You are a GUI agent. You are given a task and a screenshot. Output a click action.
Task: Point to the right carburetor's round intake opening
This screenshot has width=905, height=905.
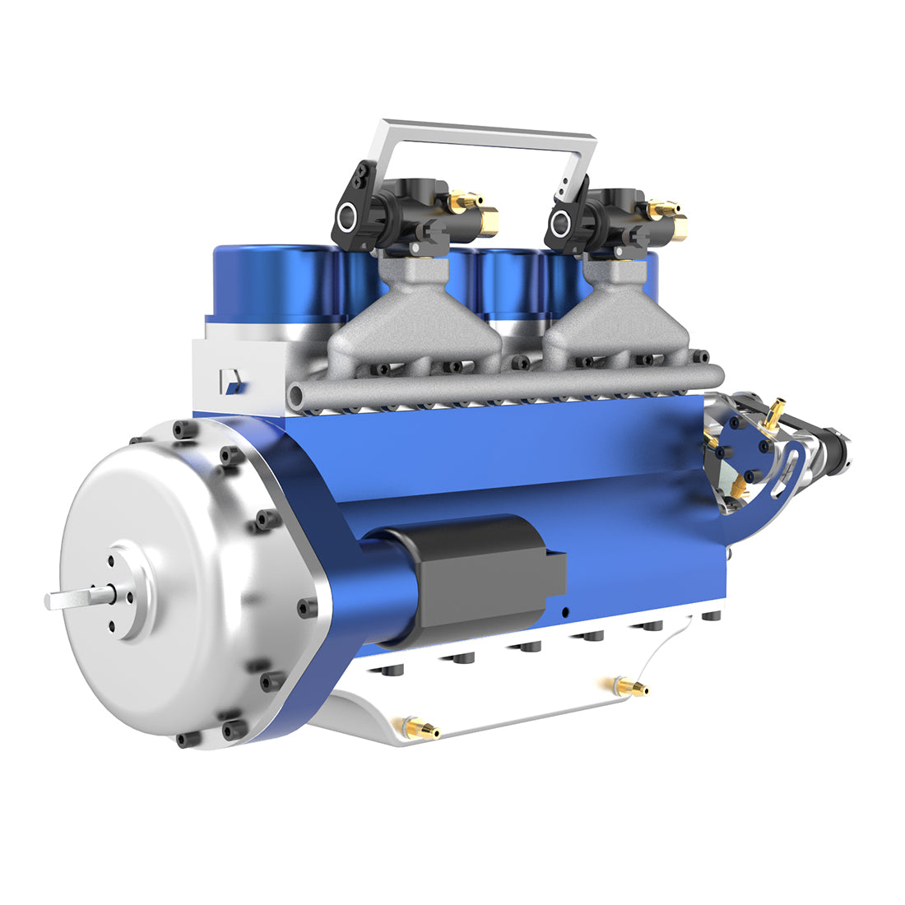click(x=563, y=220)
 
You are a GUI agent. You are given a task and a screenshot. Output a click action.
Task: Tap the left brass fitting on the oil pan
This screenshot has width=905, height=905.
click(x=417, y=728)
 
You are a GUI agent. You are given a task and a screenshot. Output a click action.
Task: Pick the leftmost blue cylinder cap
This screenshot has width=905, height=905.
click(x=271, y=280)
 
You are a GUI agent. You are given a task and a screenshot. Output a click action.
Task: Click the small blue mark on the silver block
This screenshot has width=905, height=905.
click(x=232, y=381)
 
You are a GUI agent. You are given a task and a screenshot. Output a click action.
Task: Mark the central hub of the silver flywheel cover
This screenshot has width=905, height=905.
click(x=123, y=591)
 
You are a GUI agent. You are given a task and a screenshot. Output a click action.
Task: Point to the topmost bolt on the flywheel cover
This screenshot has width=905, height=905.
click(x=183, y=429)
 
